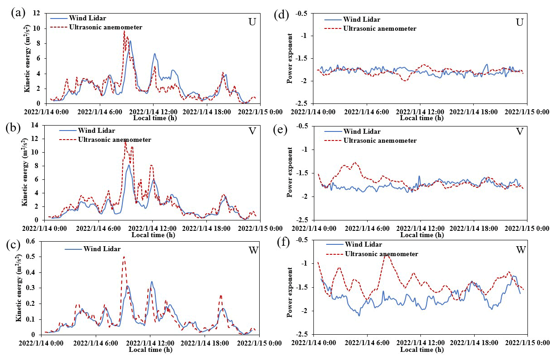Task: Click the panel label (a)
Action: click(19, 13)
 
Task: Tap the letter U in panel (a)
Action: click(252, 23)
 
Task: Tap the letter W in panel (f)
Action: click(521, 249)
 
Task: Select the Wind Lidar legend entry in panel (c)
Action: click(102, 249)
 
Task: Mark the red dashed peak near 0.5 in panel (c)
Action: click(124, 257)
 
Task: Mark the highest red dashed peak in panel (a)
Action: click(124, 31)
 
